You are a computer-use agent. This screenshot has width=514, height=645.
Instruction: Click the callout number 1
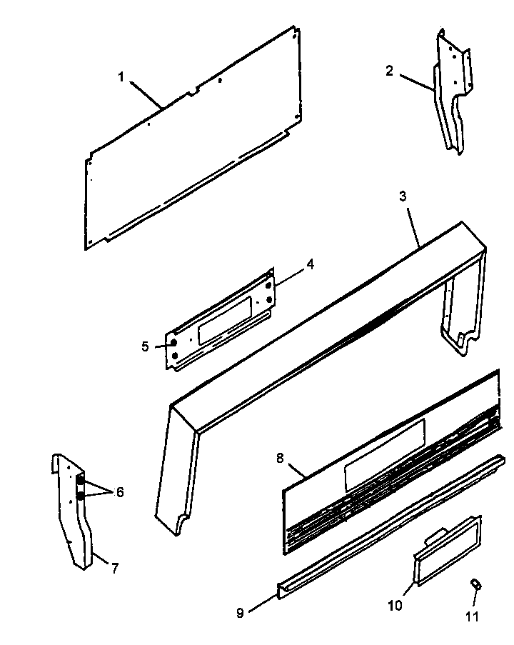121,76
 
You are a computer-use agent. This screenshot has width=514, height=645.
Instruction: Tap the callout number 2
389,70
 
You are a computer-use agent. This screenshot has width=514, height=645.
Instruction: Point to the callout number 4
310,264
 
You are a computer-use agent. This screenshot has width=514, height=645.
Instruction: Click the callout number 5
145,346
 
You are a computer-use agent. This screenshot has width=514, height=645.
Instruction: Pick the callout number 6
119,491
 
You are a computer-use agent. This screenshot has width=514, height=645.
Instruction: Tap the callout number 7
114,569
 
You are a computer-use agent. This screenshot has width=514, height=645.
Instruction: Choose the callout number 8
279,457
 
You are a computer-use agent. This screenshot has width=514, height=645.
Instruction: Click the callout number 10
395,606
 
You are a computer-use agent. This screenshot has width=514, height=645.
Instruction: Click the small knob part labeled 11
475,585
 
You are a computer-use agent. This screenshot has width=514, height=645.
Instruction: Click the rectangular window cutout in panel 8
383,455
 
